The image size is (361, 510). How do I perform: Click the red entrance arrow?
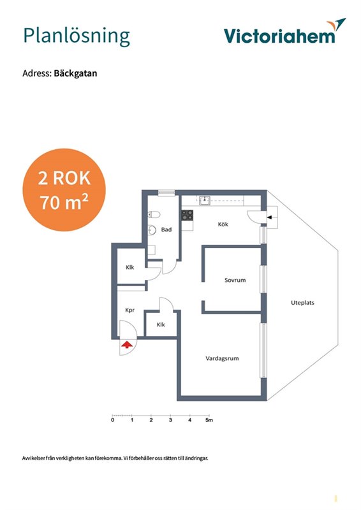point(127,344)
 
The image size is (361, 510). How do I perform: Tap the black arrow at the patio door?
point(269,217)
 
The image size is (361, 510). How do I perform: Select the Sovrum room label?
point(235,280)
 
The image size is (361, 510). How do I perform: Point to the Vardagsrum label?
point(222,358)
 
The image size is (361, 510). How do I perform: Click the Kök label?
point(223,224)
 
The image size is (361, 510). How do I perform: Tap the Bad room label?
point(166,229)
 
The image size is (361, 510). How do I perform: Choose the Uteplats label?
point(302,303)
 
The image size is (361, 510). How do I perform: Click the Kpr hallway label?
point(130,310)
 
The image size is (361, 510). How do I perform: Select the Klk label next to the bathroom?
point(130,267)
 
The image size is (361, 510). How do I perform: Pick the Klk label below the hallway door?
point(161,324)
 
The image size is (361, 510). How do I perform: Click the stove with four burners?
point(187,215)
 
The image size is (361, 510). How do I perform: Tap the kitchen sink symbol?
point(205,201)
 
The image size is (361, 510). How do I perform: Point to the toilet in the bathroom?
point(154,215)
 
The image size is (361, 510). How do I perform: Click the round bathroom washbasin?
point(152,230)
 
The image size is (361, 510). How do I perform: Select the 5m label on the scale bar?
point(209,420)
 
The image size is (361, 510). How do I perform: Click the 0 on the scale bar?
point(113,420)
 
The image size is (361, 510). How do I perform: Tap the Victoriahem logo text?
point(279,36)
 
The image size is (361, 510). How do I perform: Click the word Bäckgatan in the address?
point(75,73)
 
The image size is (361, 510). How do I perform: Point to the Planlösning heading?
point(77,36)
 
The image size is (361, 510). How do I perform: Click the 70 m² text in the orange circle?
point(64,202)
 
